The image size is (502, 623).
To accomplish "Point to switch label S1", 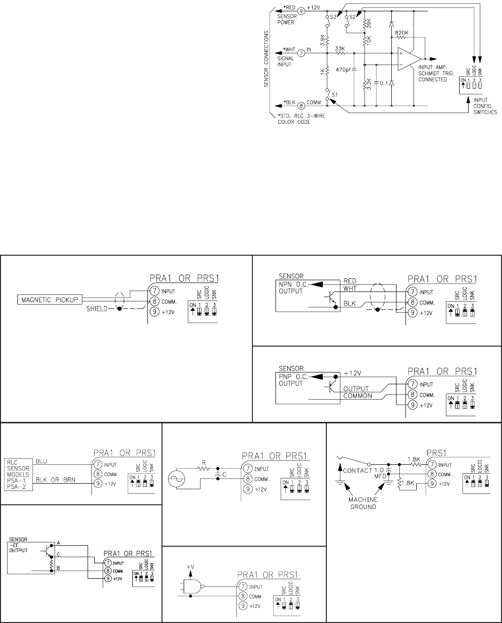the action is click(x=335, y=94).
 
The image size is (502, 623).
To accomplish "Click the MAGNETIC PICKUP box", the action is click(x=49, y=299).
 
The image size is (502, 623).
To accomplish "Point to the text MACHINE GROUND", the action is click(x=363, y=503).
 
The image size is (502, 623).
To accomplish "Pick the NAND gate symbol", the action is click(x=192, y=587).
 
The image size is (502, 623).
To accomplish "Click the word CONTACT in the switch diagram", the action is click(x=357, y=470).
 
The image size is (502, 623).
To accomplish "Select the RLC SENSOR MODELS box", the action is click(x=18, y=471).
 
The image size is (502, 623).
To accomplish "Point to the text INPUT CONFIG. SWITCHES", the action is click(x=485, y=106).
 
